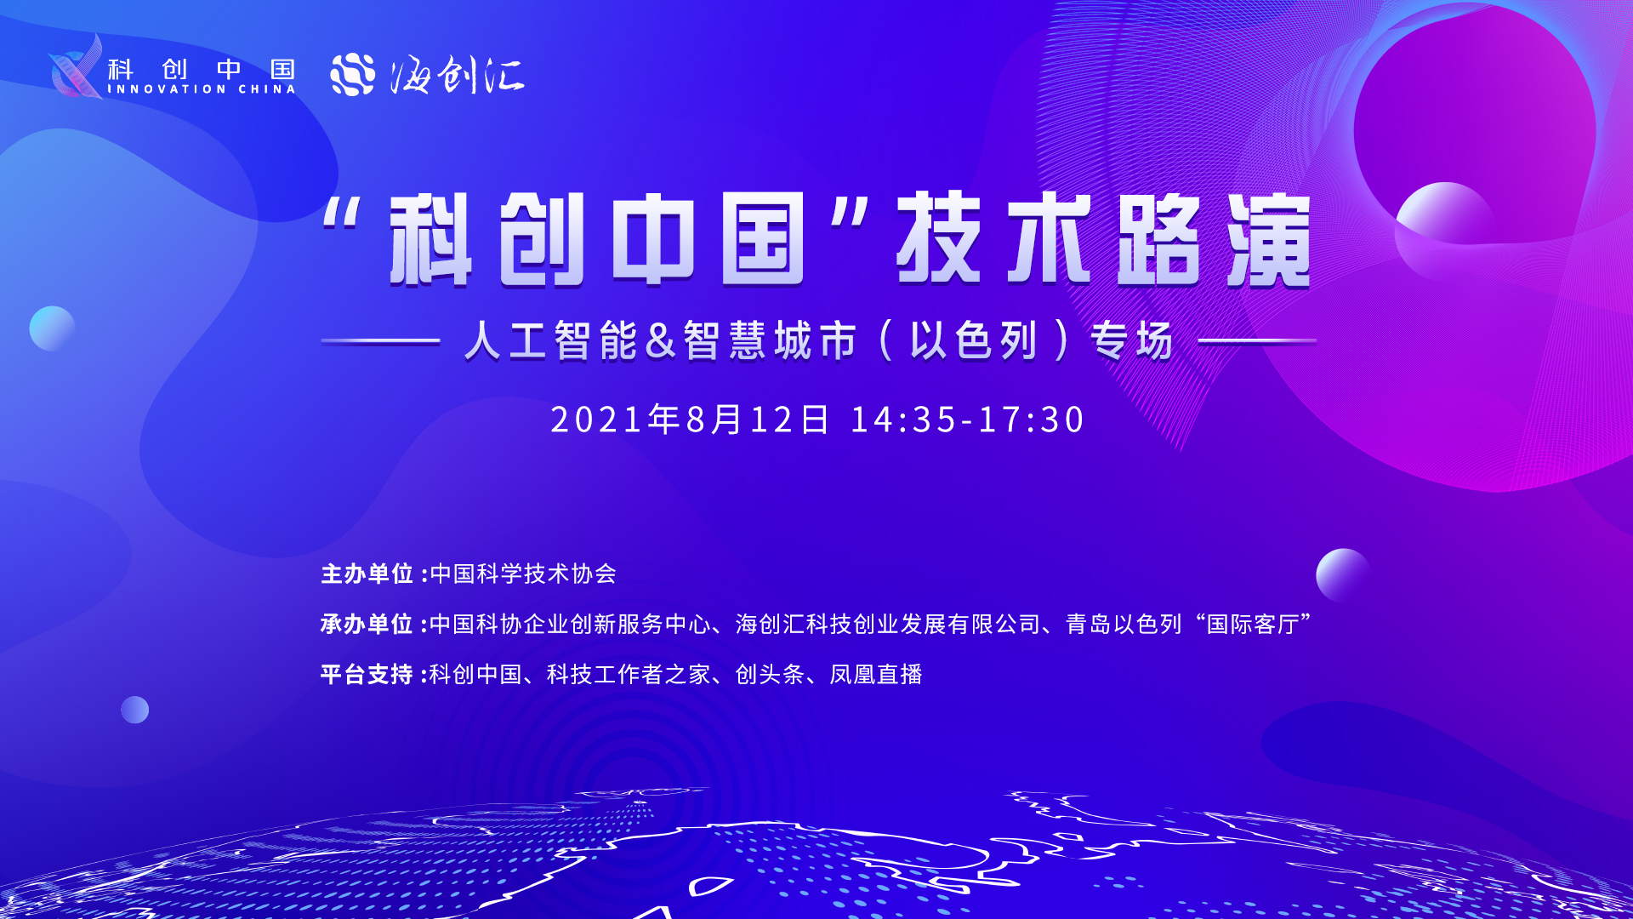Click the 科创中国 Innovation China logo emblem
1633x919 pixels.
click(77, 67)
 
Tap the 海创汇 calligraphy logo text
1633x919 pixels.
click(458, 75)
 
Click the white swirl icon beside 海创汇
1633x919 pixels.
click(353, 74)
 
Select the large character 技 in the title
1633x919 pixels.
click(939, 238)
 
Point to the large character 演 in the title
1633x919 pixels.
click(1268, 240)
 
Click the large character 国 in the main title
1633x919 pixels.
click(763, 239)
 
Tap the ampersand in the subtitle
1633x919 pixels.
click(660, 340)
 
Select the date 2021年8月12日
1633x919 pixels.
click(690, 420)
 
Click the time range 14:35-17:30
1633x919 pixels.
click(967, 420)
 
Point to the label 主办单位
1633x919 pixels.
click(367, 574)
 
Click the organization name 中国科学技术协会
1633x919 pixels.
click(523, 574)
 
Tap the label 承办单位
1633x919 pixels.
click(367, 624)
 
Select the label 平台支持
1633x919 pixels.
click(367, 674)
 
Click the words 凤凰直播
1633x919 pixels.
click(876, 674)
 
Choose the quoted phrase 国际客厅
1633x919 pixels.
click(1254, 624)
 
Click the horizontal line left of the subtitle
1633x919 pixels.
click(380, 340)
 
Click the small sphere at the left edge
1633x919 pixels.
click(52, 328)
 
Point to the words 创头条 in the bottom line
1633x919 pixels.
click(770, 674)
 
